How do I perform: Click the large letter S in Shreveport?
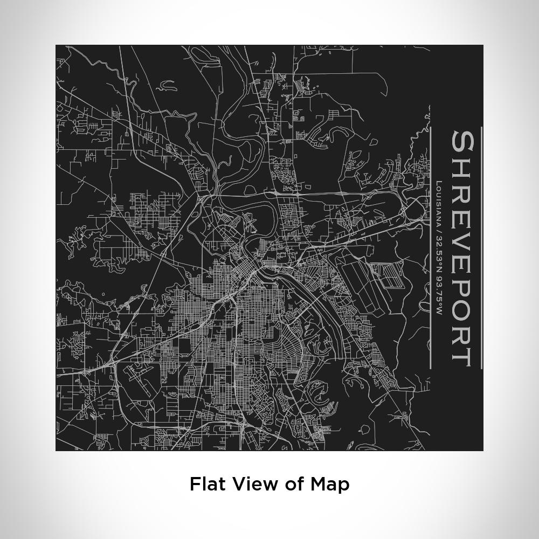(462, 141)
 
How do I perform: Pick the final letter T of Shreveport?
(462, 355)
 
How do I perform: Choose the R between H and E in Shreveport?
(462, 189)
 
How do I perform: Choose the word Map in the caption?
(330, 484)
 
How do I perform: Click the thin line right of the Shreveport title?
(481, 248)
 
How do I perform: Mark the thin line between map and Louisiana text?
(430, 248)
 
